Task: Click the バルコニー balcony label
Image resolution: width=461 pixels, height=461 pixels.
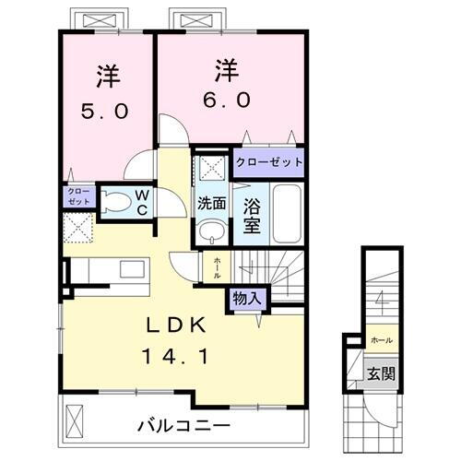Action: tap(184, 426)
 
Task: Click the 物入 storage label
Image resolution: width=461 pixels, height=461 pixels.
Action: tap(245, 299)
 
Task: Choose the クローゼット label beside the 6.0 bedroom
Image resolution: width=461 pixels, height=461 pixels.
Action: tap(267, 160)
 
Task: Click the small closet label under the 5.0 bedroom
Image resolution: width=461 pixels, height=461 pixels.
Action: tap(74, 195)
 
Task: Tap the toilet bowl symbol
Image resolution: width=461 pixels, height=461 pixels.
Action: tap(115, 201)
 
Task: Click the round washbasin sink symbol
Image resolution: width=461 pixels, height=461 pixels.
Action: tap(210, 230)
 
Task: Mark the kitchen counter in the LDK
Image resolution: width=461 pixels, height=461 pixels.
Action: tap(108, 272)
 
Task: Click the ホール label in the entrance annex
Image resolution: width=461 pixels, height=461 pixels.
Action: tap(379, 340)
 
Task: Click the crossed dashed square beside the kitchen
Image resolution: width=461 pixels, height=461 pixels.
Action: tap(77, 227)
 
